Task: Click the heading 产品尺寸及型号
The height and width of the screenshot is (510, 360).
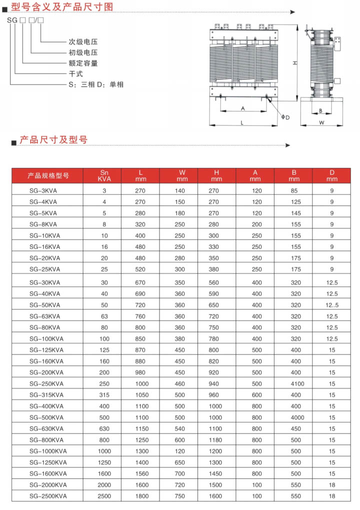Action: pos(53,140)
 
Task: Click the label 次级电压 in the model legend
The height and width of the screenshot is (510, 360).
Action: pos(83,41)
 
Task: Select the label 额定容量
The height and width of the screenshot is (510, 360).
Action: pos(83,63)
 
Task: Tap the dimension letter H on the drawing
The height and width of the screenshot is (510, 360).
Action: pos(295,63)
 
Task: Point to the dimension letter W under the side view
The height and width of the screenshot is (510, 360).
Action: pos(322,122)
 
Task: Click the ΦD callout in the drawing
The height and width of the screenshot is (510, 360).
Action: pos(285,117)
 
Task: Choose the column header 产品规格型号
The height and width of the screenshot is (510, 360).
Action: pos(48,176)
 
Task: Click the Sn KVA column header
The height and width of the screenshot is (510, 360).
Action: pos(104,175)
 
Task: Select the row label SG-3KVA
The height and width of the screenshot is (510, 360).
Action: pos(43,191)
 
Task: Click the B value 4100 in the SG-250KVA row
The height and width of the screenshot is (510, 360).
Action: pos(296,384)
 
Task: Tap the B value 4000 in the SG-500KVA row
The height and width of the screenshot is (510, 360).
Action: pos(296,418)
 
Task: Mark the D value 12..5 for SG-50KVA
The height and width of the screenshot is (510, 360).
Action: pos(332,305)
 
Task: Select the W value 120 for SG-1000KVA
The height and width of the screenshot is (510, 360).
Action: pos(179,451)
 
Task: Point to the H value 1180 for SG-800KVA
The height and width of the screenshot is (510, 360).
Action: pos(216,440)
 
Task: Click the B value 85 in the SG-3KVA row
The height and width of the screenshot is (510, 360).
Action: pos(294,191)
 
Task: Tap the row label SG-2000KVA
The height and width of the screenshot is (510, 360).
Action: pos(48,485)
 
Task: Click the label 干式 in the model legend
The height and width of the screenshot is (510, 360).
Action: pos(75,74)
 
